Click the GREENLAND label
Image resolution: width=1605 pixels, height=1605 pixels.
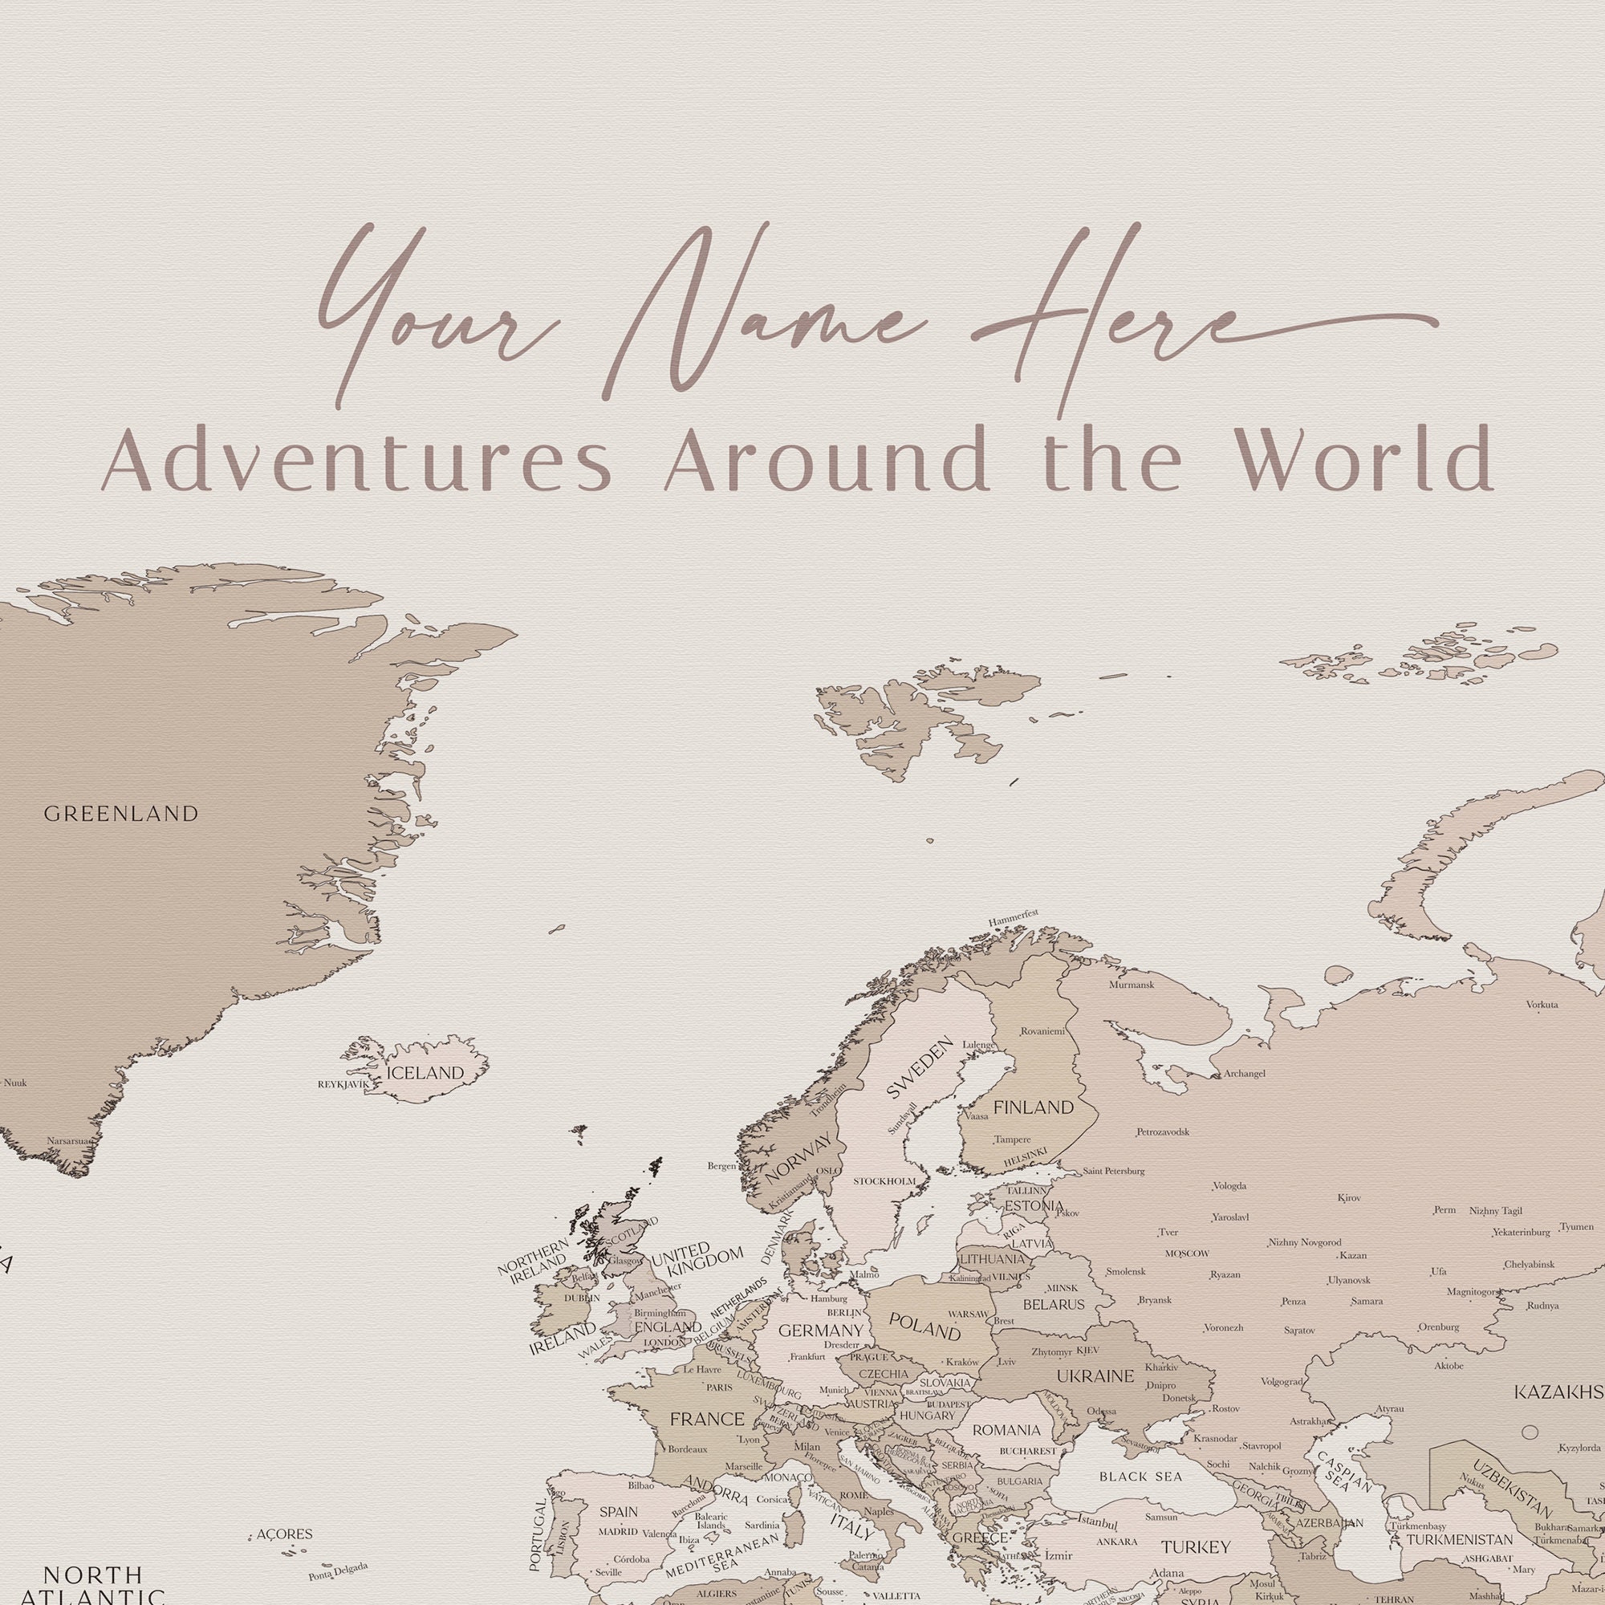tap(121, 814)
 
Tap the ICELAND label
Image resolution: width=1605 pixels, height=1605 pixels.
tap(425, 1073)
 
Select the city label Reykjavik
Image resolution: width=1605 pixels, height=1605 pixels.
tap(343, 1084)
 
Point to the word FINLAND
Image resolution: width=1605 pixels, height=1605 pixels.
tap(1034, 1107)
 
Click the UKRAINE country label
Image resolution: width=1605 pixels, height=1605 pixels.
tap(1095, 1375)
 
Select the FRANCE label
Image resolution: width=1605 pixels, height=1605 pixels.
tap(707, 1419)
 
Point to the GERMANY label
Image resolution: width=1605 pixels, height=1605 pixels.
tap(821, 1331)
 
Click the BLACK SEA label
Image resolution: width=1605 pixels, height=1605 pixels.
tap(1140, 1477)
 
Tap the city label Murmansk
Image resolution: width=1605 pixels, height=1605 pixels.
tap(1132, 985)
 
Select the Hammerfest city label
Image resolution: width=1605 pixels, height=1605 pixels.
tap(1014, 917)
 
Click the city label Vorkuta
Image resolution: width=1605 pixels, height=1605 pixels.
tap(1542, 1005)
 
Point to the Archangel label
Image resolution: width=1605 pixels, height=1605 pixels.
tap(1244, 1073)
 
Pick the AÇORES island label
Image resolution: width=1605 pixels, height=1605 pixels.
tap(284, 1534)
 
